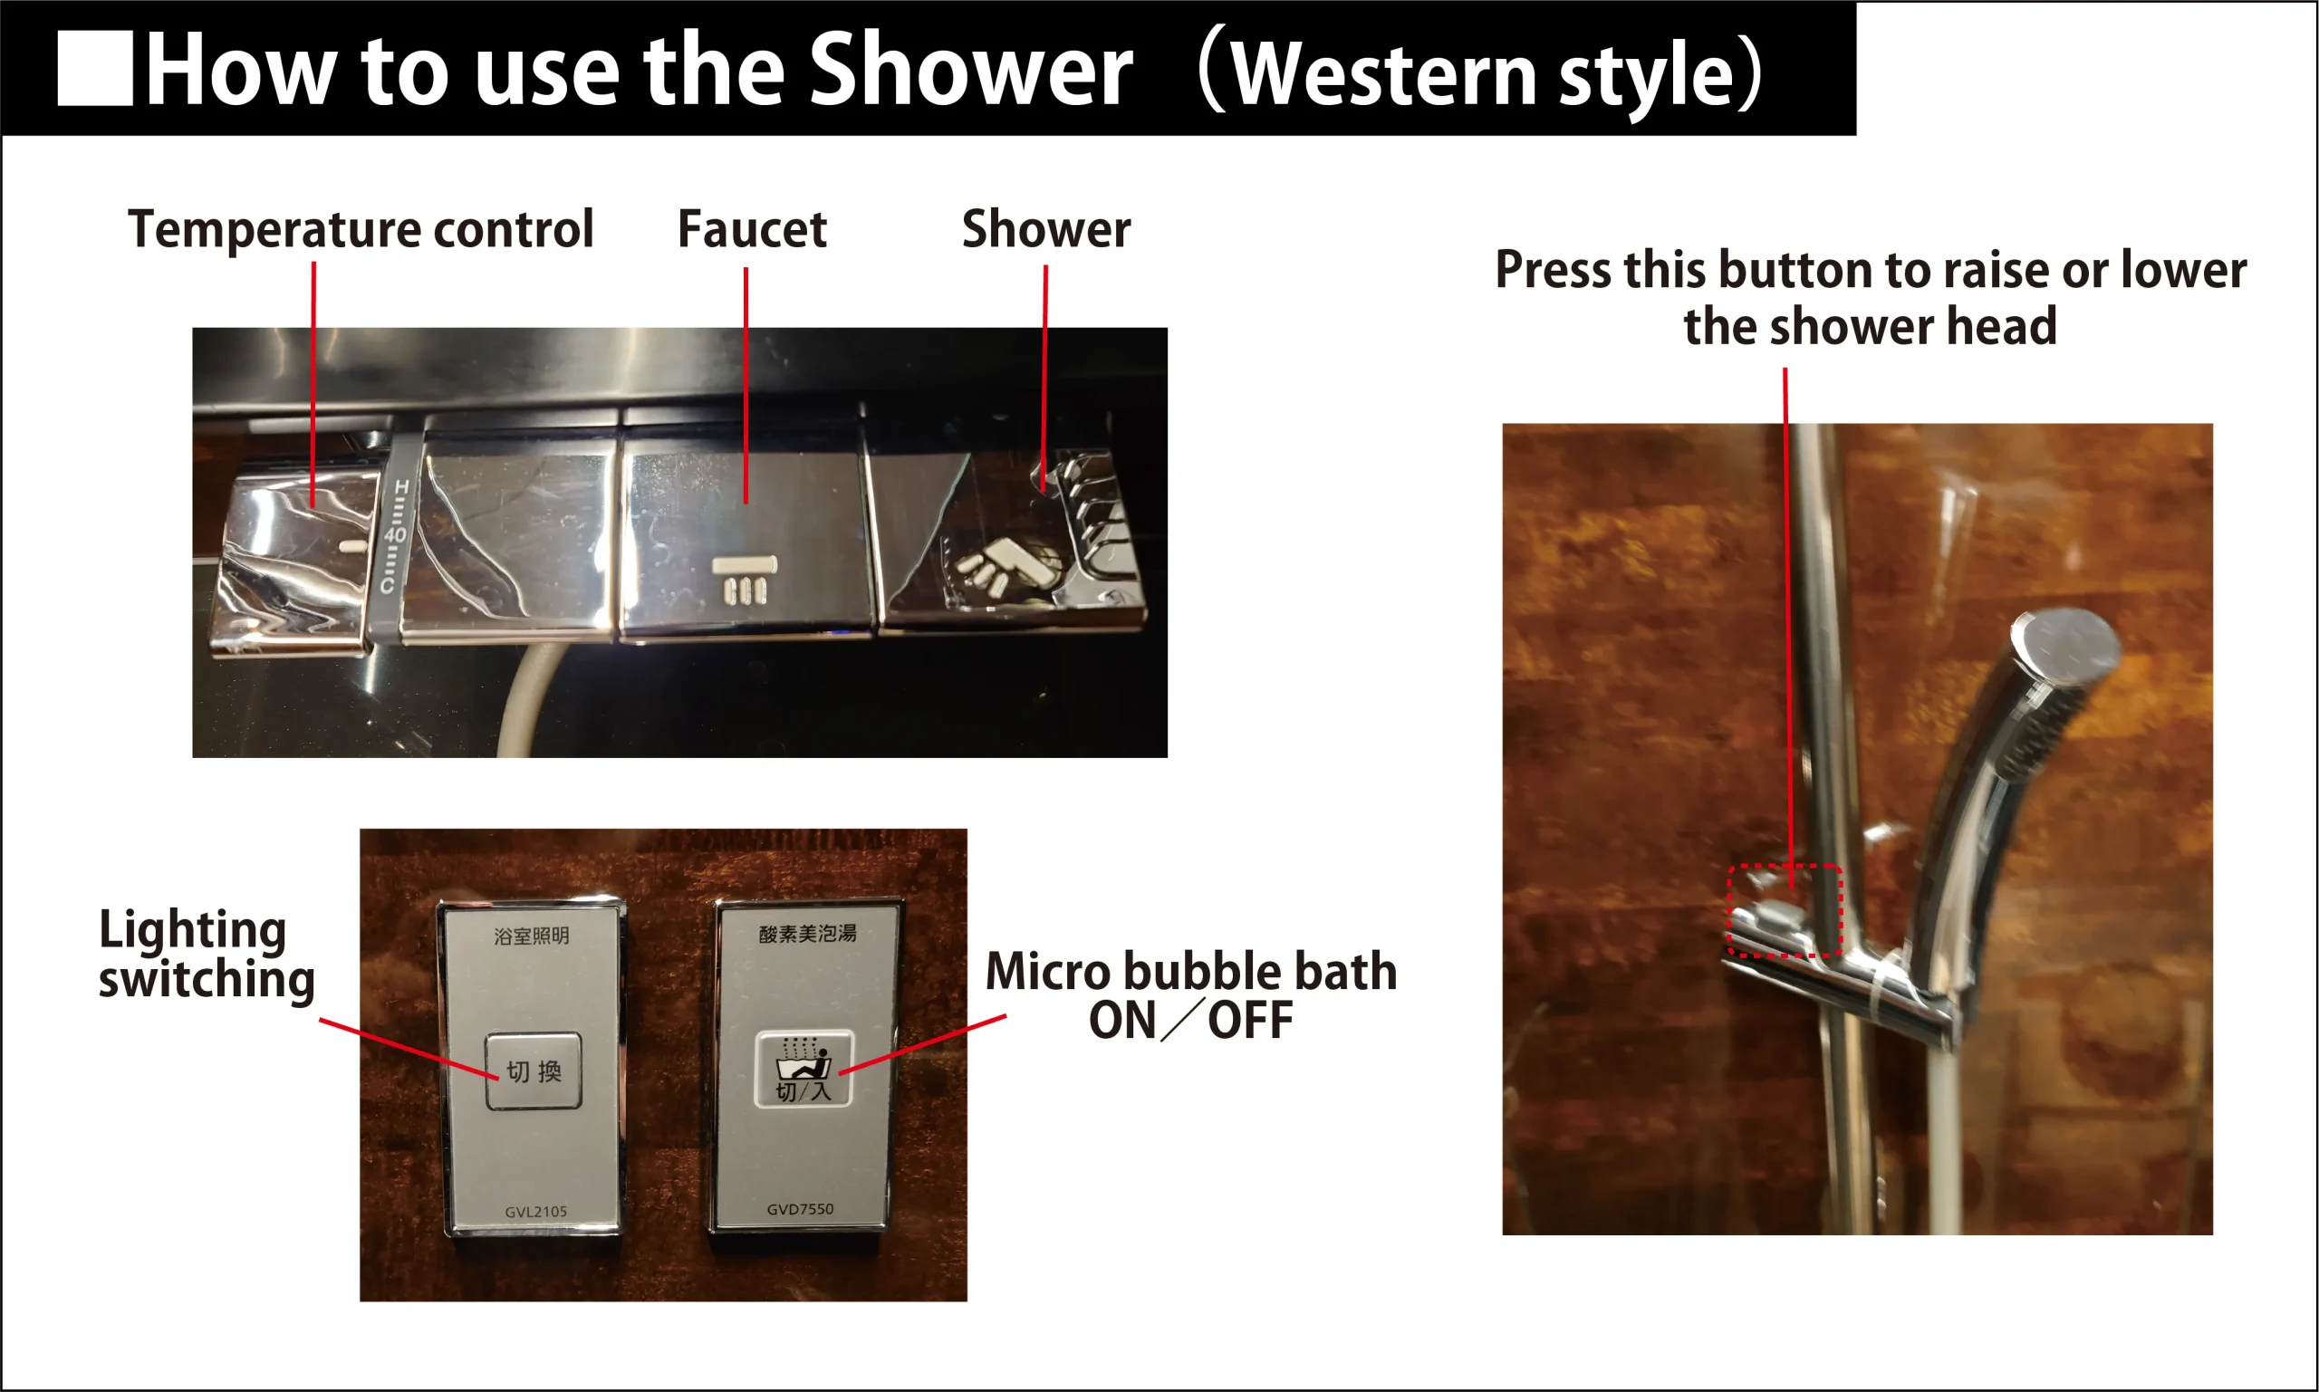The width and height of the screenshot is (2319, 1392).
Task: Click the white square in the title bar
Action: coord(95,69)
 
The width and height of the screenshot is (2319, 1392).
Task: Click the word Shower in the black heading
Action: coord(970,69)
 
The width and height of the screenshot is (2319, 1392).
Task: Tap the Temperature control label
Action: coord(361,230)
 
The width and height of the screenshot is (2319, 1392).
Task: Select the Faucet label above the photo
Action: coord(752,230)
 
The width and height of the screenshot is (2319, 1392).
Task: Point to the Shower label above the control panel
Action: coord(1046,230)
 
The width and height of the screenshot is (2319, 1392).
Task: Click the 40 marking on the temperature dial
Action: coord(395,533)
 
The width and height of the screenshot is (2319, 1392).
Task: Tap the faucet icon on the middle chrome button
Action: coord(744,579)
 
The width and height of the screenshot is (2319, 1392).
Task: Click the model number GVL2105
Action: coord(535,1211)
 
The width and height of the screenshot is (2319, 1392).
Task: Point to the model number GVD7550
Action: coord(800,1209)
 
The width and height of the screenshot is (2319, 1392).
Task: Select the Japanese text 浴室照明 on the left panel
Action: coord(531,936)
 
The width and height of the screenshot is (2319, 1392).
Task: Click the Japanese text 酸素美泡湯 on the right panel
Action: coord(808,934)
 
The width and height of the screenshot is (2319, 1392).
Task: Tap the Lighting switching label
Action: coord(207,954)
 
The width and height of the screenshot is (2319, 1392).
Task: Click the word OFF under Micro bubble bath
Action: coord(1249,1021)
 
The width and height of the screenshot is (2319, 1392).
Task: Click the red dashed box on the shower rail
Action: coord(1785,911)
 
